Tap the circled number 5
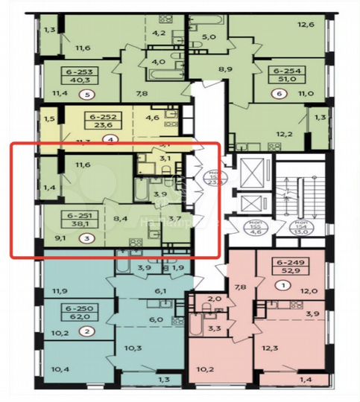[x=89, y=95]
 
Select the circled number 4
[x=110, y=138]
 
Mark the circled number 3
[x=89, y=239]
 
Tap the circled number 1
[x=282, y=284]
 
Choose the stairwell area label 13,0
[x=301, y=232]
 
